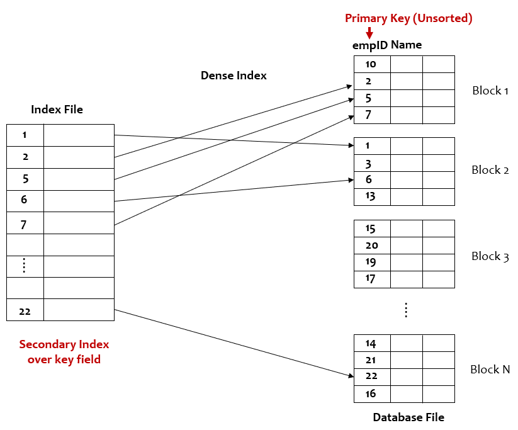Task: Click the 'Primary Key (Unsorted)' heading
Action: (x=408, y=18)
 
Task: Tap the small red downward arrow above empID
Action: (x=369, y=33)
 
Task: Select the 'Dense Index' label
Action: (x=234, y=76)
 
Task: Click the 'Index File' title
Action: (x=57, y=110)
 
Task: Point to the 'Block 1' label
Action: (x=490, y=91)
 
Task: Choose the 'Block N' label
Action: (x=490, y=370)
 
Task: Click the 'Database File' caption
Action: (x=408, y=417)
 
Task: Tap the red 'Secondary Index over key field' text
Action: (x=64, y=352)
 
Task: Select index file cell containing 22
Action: (x=25, y=310)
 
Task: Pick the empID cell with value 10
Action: (x=371, y=64)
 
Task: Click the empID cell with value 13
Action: (x=371, y=196)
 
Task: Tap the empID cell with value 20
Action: (x=371, y=246)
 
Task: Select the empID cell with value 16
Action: (x=371, y=394)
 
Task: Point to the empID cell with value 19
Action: (x=371, y=262)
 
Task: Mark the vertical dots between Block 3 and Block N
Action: (x=406, y=310)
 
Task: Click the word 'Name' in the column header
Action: (x=406, y=45)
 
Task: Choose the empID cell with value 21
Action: (x=371, y=360)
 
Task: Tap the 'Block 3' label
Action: (x=490, y=256)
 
